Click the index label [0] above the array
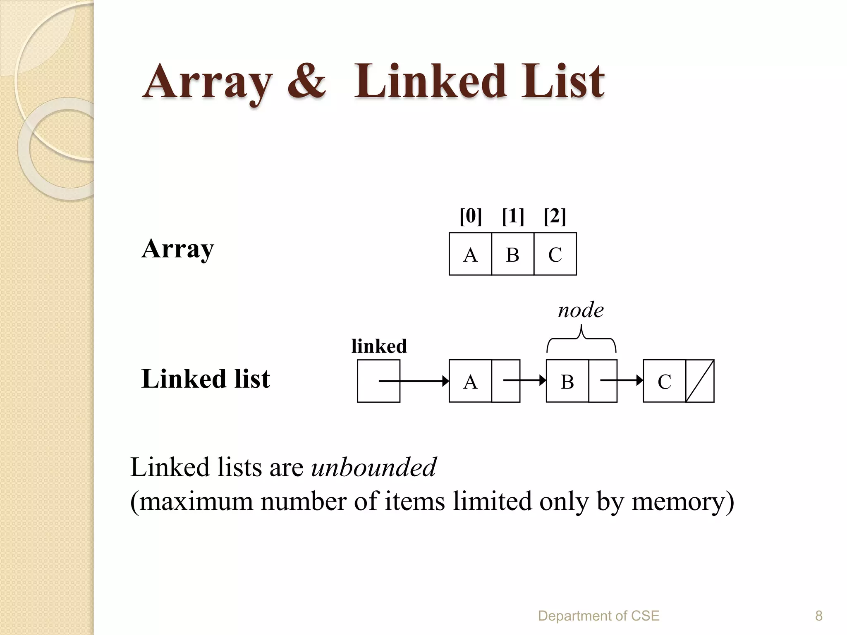pyautogui.click(x=471, y=216)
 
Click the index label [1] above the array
pyautogui.click(x=513, y=216)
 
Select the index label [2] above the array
pyautogui.click(x=555, y=216)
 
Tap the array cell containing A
pyautogui.click(x=470, y=254)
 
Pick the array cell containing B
pyautogui.click(x=513, y=254)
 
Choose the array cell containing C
pyautogui.click(x=555, y=254)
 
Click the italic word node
pyautogui.click(x=580, y=310)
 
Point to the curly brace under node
pyautogui.click(x=581, y=339)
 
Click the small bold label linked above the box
pyautogui.click(x=379, y=346)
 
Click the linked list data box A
pyautogui.click(x=470, y=381)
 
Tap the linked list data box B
pyautogui.click(x=567, y=381)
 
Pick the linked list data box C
pyautogui.click(x=664, y=381)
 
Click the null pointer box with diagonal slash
pyautogui.click(x=700, y=381)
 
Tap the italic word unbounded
pyautogui.click(x=373, y=467)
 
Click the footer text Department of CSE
pyautogui.click(x=598, y=616)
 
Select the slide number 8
pyautogui.click(x=818, y=616)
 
